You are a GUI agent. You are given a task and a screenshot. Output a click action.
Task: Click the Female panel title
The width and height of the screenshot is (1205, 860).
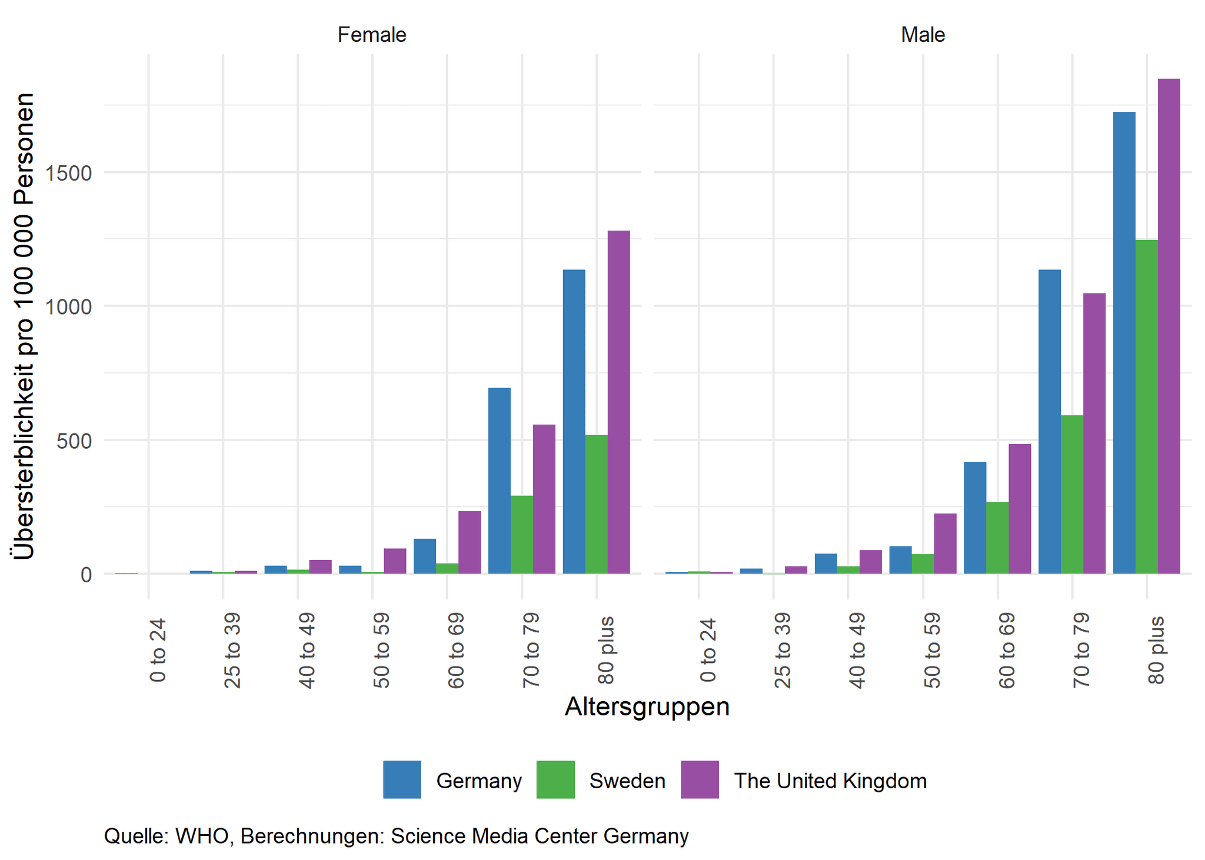(x=371, y=35)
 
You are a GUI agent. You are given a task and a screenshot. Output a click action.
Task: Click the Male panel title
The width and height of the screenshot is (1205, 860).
(x=923, y=35)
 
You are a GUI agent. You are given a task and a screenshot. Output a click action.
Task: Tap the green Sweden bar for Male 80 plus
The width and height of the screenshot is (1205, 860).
(x=1147, y=406)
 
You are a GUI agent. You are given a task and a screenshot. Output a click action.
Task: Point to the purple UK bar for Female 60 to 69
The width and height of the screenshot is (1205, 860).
(x=470, y=542)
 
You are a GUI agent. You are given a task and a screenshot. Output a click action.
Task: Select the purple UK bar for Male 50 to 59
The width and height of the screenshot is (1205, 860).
(x=945, y=544)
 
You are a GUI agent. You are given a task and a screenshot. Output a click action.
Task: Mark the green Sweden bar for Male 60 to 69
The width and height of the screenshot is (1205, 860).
(x=997, y=538)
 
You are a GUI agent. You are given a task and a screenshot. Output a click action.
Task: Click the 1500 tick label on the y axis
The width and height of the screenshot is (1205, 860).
(x=71, y=173)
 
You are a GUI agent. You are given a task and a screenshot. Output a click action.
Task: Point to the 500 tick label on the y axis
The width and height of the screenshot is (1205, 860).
(x=75, y=441)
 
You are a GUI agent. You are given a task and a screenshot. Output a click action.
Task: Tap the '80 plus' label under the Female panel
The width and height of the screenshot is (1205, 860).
(x=606, y=650)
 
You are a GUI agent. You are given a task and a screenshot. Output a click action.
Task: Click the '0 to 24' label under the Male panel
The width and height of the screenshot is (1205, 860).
(x=708, y=650)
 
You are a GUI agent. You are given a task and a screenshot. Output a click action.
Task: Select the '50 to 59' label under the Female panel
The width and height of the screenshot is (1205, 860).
(x=381, y=650)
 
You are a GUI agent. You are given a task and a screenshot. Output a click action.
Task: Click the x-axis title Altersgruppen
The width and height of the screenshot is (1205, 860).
(x=647, y=706)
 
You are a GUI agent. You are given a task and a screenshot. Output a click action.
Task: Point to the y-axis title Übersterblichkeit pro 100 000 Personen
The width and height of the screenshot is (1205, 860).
(x=24, y=326)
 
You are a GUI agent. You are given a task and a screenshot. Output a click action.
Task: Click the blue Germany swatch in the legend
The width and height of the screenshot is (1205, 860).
(x=402, y=779)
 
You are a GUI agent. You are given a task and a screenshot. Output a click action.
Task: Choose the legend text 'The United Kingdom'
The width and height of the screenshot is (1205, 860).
(x=830, y=781)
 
